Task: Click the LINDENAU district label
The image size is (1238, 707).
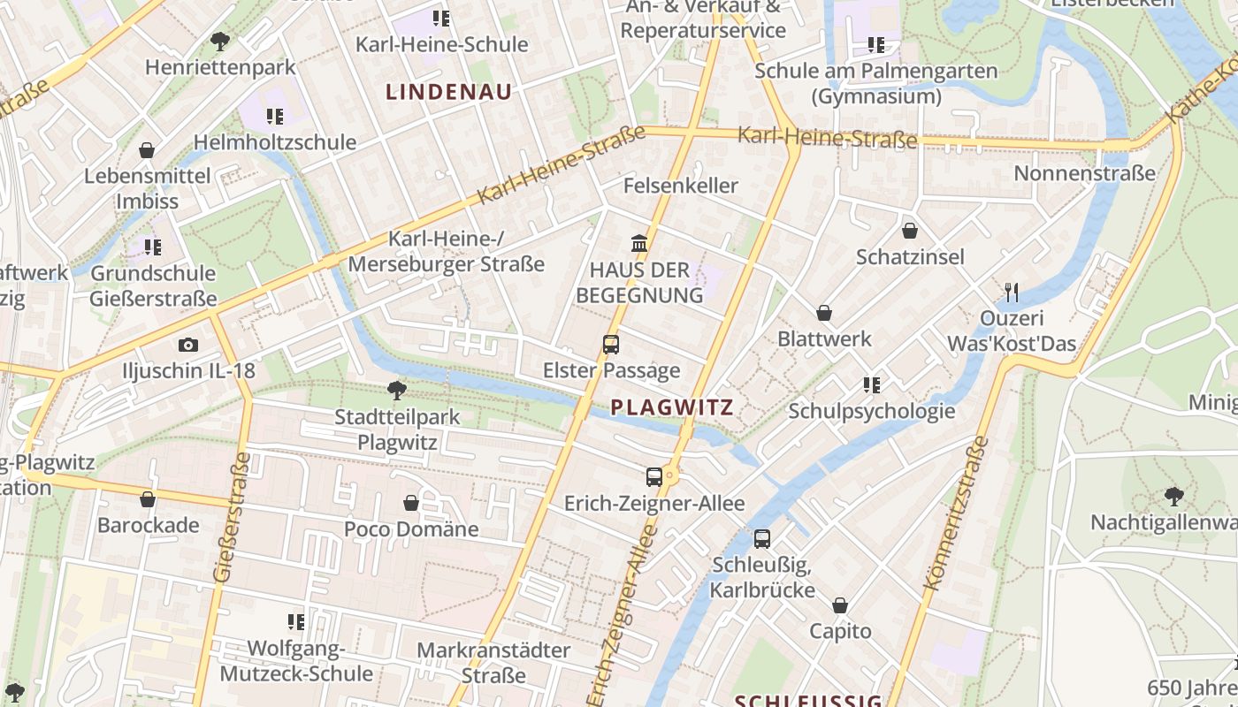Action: [x=449, y=91]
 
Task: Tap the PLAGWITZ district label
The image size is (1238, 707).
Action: [x=672, y=407]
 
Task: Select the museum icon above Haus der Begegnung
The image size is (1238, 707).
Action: [x=638, y=243]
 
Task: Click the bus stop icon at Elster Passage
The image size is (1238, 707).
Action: [x=611, y=345]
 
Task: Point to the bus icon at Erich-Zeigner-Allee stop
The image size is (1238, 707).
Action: [x=654, y=477]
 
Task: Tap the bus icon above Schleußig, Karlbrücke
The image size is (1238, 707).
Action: [x=762, y=538]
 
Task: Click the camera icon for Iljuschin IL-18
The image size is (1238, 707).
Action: [x=187, y=345]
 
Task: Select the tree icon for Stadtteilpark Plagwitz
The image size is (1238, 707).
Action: [x=397, y=390]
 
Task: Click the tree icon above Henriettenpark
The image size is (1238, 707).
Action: [x=220, y=41]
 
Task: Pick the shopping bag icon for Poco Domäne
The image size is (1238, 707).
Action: [x=411, y=503]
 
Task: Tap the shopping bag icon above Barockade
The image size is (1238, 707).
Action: [x=148, y=499]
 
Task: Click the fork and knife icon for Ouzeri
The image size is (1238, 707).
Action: [x=1012, y=292]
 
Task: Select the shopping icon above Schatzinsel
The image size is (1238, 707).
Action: [x=909, y=232]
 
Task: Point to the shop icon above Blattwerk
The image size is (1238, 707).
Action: [x=824, y=313]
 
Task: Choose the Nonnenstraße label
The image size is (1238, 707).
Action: [x=1084, y=173]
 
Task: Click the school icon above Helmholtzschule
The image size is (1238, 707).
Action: [x=275, y=116]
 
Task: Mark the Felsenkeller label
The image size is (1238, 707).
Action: [x=680, y=186]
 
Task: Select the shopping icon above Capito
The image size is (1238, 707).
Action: [x=840, y=605]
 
